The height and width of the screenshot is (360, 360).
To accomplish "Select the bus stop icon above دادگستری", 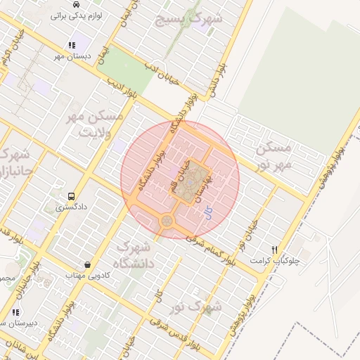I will [x=71, y=197].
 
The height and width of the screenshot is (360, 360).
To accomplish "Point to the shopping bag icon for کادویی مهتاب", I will [x=86, y=265].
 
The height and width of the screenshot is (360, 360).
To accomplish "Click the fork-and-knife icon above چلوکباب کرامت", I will [x=276, y=250].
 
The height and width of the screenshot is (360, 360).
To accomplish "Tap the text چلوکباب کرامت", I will [x=275, y=261].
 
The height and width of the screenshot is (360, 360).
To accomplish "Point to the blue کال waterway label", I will [x=207, y=212].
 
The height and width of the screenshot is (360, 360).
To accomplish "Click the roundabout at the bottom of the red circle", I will [x=167, y=221].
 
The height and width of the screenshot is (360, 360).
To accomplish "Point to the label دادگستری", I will [x=71, y=208].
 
